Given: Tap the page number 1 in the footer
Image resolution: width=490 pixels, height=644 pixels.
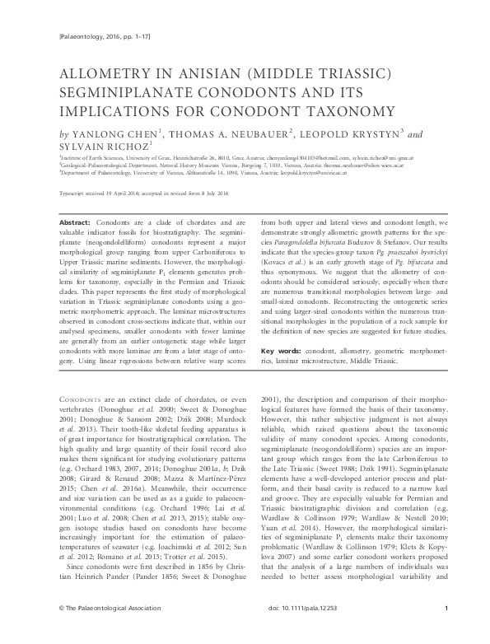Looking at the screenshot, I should [x=446, y=632].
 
